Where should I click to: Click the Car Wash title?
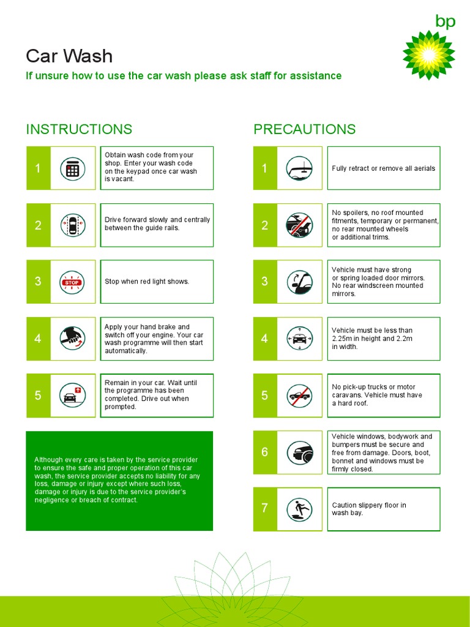click(69, 56)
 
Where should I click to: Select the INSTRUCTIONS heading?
click(79, 129)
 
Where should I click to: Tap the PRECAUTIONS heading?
click(304, 129)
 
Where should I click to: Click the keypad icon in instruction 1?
click(72, 168)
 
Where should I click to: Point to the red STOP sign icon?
click(72, 282)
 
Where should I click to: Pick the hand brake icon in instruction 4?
click(72, 339)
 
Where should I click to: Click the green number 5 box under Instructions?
click(38, 396)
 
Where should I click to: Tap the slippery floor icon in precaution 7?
click(299, 509)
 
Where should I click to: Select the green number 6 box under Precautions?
click(264, 452)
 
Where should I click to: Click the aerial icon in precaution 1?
click(299, 168)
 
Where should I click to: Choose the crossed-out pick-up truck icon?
click(299, 396)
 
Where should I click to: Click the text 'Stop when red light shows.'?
click(147, 282)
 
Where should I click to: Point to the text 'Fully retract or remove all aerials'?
click(384, 168)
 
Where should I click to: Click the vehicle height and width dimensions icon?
click(299, 339)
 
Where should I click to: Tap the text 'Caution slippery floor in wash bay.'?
click(368, 509)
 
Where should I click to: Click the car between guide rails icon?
click(72, 225)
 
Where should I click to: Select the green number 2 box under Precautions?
click(264, 225)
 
